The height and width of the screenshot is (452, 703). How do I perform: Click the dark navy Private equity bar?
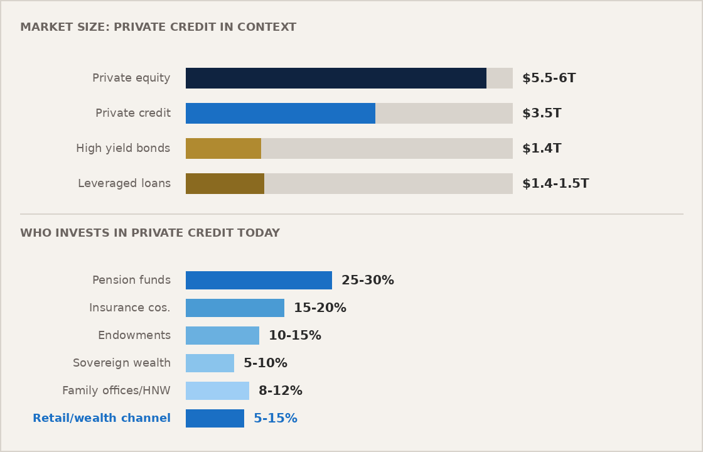pos(336,78)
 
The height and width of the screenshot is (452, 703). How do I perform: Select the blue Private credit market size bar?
pos(281,114)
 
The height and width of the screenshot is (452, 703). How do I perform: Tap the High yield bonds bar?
pos(223,149)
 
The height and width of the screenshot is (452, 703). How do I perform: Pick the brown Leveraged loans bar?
pos(225,184)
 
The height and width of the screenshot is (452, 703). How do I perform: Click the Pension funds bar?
pos(259,281)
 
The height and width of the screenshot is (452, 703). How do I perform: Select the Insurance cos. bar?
pos(235,308)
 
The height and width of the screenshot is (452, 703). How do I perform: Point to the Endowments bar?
pos(222,336)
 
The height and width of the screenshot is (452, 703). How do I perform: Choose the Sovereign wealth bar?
pos(210,363)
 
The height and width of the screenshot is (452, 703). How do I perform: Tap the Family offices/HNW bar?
pos(217,391)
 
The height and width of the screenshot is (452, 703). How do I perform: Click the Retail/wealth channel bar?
pos(215,419)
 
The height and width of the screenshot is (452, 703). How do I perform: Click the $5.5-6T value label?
pos(549,78)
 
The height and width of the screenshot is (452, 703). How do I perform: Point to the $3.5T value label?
pos(542,114)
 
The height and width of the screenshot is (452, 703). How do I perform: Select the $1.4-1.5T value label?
pos(555,184)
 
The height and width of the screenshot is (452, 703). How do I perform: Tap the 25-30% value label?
pos(368,281)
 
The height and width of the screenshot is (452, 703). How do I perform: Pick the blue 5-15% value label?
pos(276,419)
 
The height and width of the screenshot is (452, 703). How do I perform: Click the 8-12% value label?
pos(281,391)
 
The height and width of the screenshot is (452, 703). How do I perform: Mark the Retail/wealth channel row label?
pos(102,419)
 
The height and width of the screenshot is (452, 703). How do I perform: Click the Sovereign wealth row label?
pos(122,363)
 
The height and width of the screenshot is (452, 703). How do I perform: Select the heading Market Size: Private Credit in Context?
pos(158,28)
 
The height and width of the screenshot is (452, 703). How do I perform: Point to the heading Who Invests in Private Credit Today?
pos(150,234)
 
